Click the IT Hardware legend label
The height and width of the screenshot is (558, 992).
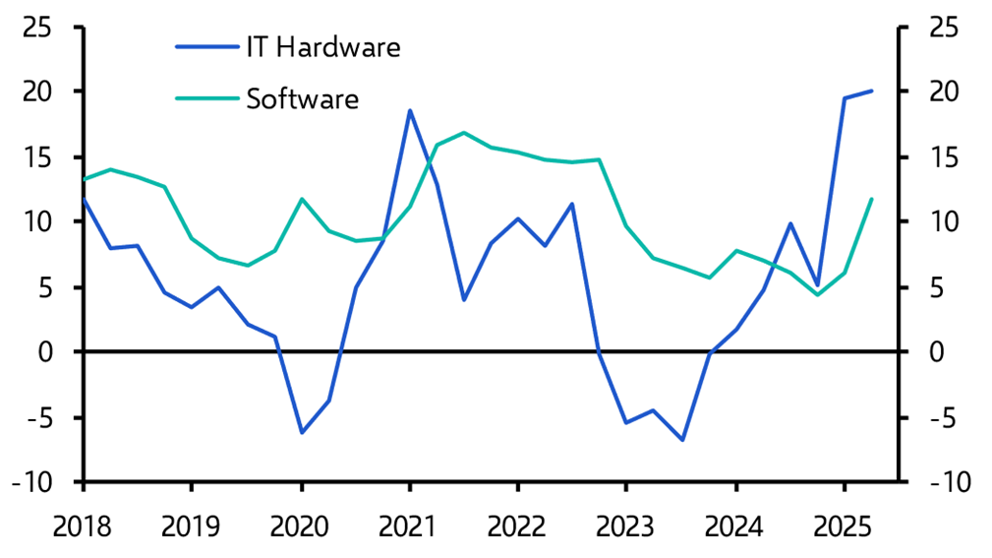323,46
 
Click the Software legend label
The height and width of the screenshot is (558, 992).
303,98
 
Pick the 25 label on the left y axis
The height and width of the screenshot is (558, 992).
38,27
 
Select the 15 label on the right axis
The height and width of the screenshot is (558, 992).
944,157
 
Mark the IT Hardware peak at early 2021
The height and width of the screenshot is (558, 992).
409,110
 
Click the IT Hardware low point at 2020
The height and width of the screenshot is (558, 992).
302,432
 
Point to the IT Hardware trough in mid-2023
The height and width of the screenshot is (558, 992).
681,440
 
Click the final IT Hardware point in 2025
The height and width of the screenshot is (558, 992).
871,91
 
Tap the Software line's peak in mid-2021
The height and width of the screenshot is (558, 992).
463,132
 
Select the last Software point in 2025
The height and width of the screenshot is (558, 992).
871,199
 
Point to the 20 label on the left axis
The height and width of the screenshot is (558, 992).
38,92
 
